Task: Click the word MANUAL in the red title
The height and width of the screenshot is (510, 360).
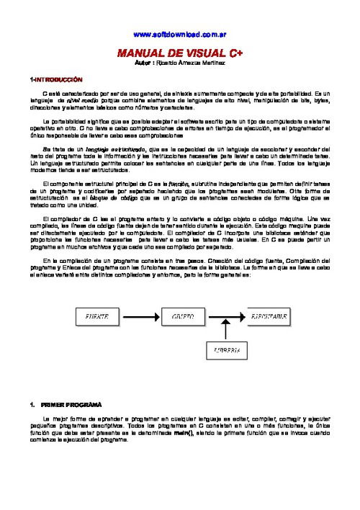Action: coord(140,53)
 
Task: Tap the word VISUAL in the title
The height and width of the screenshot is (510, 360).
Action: coord(189,53)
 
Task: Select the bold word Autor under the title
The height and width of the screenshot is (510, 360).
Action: coord(143,63)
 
